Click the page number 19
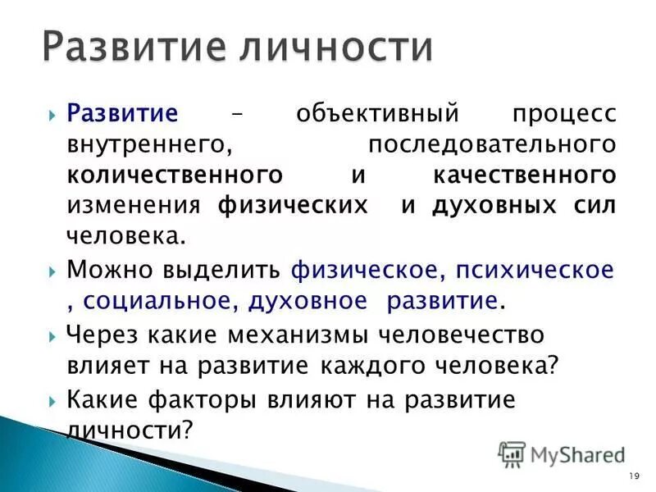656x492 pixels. [633, 476]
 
